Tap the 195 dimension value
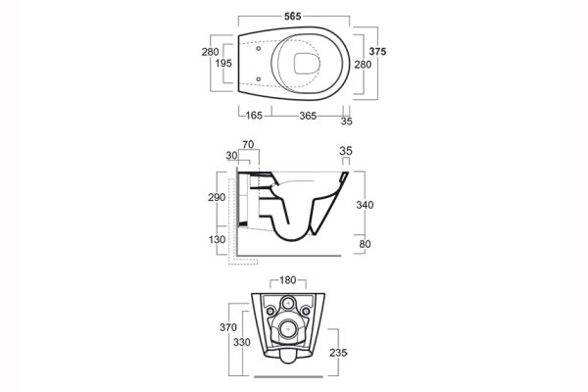(224, 62)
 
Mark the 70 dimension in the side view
(249, 145)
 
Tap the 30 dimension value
(231, 156)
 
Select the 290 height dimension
(217, 198)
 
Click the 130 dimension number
(217, 239)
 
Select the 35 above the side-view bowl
(344, 151)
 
